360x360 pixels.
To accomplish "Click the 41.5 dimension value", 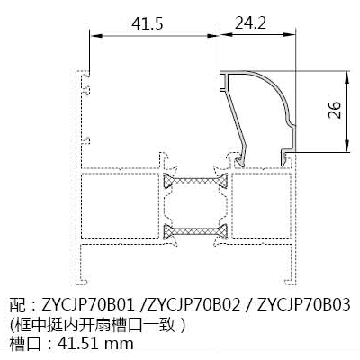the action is [148, 23].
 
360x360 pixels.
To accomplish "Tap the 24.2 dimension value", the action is [250, 22].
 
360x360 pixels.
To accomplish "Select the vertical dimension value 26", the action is [335, 110].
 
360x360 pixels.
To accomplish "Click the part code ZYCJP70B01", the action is [87, 305].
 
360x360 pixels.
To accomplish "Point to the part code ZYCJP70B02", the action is [194, 305].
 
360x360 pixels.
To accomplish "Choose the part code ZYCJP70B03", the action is [304, 305].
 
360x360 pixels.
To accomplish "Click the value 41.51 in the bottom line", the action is [78, 343].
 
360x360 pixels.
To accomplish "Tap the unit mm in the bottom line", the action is [120, 345].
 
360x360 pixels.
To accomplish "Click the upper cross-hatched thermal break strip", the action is [195, 181].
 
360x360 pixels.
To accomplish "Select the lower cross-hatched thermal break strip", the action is [195, 231].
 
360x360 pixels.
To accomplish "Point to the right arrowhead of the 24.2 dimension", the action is [290, 36].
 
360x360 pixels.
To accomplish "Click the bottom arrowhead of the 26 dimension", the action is [346, 147].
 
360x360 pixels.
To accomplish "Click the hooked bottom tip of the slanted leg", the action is [239, 163].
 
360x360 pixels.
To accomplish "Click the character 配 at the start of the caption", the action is [18, 305].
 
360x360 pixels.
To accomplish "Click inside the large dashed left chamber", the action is [121, 206].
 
